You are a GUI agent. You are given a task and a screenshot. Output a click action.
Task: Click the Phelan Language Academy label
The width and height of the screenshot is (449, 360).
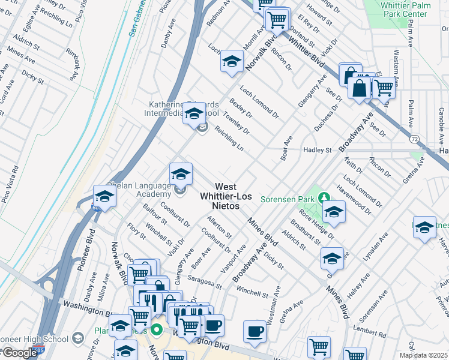point(139,190)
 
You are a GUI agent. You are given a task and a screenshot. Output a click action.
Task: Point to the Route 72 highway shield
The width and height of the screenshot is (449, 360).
point(414,139)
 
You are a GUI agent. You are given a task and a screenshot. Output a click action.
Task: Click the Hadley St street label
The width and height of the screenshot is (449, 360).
point(318,149)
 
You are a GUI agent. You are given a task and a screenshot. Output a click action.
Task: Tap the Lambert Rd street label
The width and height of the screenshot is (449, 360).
point(369,334)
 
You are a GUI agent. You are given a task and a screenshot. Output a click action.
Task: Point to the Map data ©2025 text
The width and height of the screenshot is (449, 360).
point(423,355)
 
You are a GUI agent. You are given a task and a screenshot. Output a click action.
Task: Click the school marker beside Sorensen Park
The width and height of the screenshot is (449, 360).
point(333,211)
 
